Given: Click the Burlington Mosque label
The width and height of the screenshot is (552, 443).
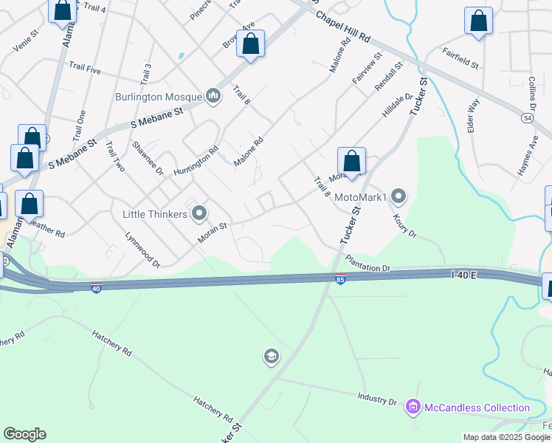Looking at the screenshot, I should tap(157, 97).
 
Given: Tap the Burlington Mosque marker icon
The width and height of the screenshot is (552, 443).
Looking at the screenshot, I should tap(214, 95).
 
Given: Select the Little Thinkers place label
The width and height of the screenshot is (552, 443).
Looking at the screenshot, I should tap(154, 214).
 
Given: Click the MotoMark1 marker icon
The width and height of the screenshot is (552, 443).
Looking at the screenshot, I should tap(399, 196).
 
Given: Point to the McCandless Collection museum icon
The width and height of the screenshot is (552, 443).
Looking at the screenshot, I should tap(413, 407).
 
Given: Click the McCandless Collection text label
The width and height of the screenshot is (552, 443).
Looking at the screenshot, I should tap(476, 408).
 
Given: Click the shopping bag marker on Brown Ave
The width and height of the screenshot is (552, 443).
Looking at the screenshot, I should tap(251, 44).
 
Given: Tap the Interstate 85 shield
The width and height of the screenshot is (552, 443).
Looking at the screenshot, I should tap(339, 279).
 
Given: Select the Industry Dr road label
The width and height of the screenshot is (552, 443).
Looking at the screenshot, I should tap(376, 399).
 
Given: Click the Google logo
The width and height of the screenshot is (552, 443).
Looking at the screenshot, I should tap(24, 434).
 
